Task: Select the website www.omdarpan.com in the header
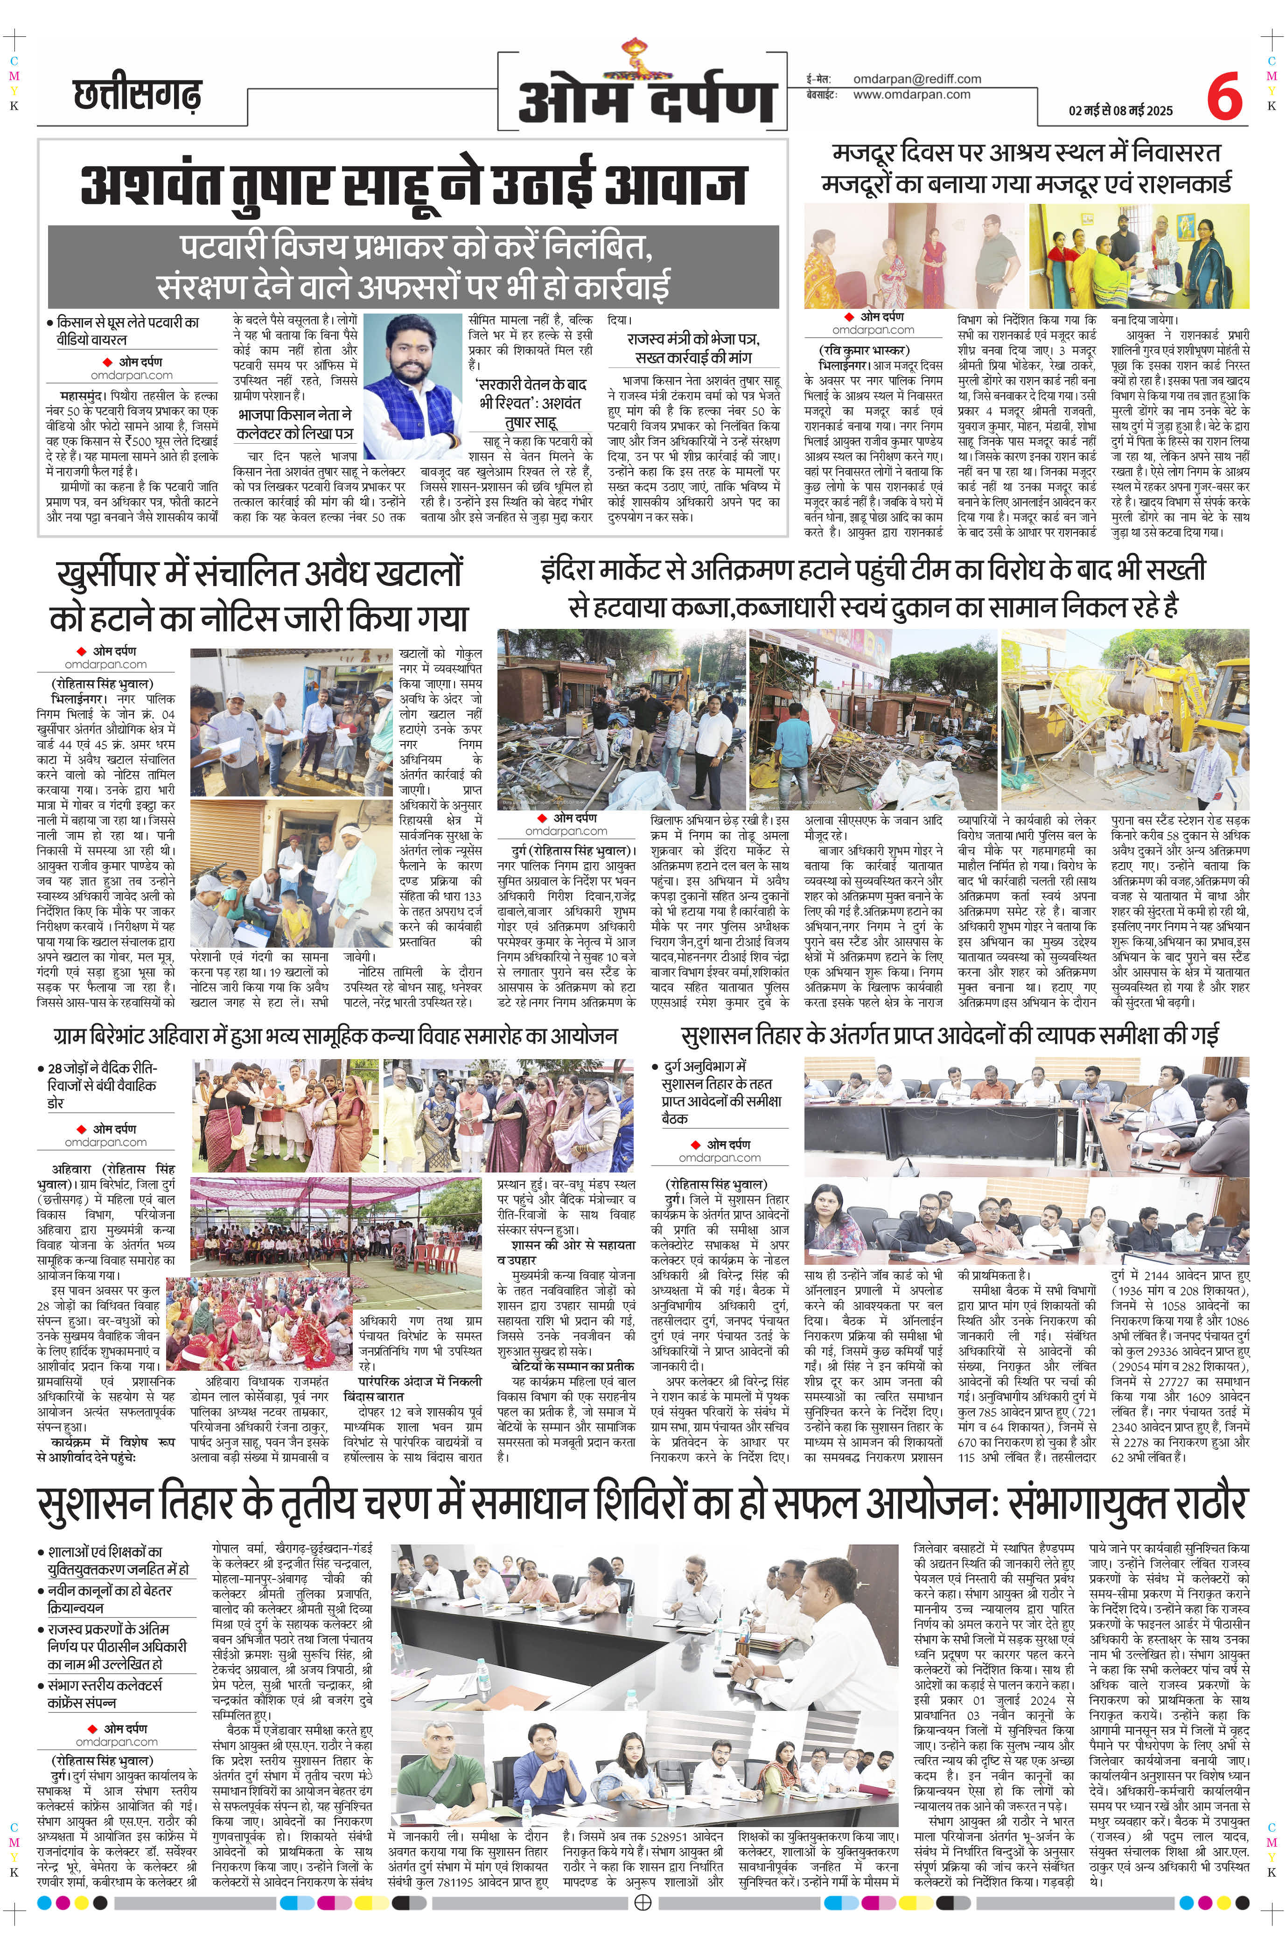pos(911,94)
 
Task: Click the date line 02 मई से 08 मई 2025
pos(1120,111)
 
